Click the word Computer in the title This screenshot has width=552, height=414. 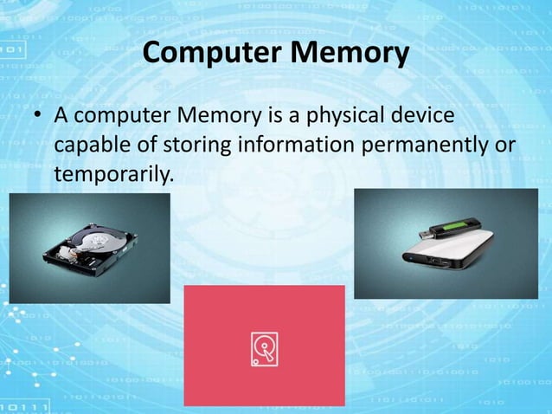pyautogui.click(x=210, y=55)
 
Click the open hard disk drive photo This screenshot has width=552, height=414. pyautogui.click(x=89, y=249)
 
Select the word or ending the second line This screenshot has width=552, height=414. pyautogui.click(x=505, y=145)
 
